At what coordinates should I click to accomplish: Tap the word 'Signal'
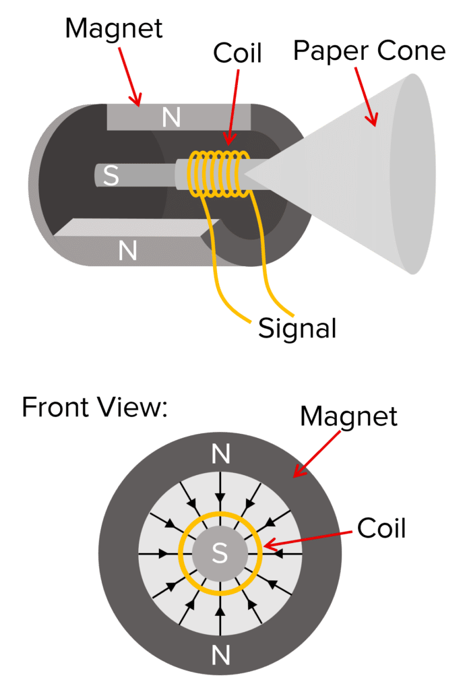click(x=297, y=328)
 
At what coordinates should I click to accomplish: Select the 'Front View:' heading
click(x=94, y=408)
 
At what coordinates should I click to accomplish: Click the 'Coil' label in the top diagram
click(x=237, y=54)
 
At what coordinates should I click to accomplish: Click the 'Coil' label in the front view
click(x=381, y=528)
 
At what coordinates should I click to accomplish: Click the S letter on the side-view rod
click(x=111, y=176)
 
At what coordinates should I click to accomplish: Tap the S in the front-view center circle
click(x=220, y=553)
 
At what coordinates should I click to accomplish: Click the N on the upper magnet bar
click(x=171, y=118)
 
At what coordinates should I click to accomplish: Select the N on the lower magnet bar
click(x=127, y=251)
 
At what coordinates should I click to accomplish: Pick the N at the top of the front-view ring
click(x=220, y=454)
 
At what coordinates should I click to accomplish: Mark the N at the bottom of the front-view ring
click(x=220, y=654)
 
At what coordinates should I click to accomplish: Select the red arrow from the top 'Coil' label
click(x=232, y=105)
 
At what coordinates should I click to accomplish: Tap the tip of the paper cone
click(x=247, y=174)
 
